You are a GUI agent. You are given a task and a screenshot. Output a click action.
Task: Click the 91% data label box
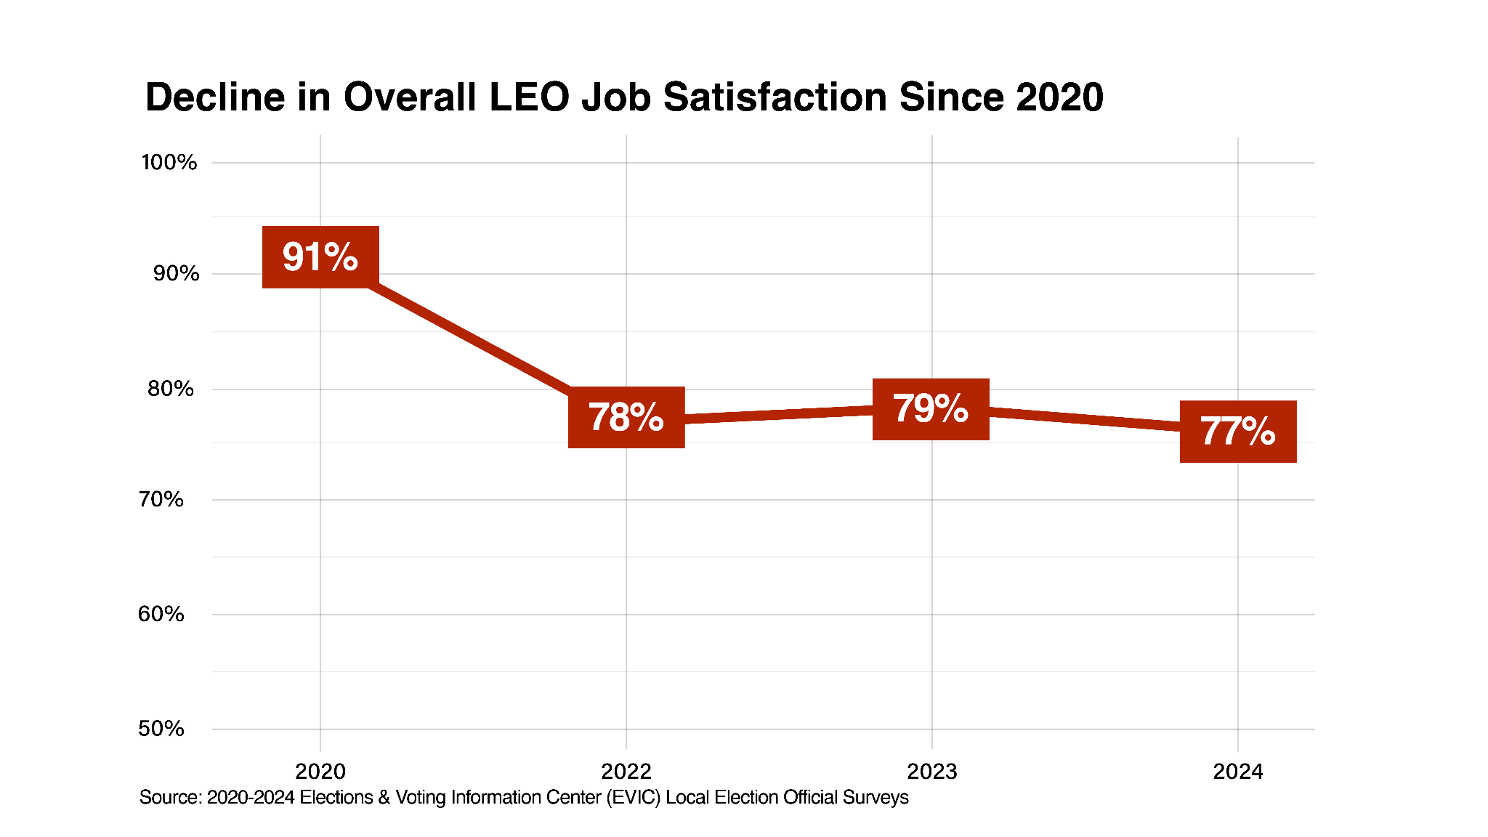point(320,257)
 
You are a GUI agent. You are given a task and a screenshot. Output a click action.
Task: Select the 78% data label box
point(626,417)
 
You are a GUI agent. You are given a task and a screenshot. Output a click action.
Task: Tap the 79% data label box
point(931,409)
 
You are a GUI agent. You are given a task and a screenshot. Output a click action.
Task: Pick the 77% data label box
point(1238,432)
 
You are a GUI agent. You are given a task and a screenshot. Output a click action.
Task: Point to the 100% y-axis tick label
point(169,162)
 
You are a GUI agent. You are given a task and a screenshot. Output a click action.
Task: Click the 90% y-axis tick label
point(176,273)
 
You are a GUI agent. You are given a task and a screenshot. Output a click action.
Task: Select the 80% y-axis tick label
point(171,389)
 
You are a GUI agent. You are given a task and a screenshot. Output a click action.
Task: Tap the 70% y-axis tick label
point(161,499)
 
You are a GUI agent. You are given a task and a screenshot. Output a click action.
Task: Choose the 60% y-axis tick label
point(161,614)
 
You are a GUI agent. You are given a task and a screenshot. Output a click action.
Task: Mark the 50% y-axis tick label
point(161,729)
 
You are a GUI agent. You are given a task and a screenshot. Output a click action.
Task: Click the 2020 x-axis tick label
point(320,772)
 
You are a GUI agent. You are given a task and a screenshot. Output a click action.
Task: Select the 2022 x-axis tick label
point(626,772)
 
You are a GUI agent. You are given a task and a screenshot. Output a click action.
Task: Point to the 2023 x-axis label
point(932,772)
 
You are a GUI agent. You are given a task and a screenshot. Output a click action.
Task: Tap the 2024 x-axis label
point(1238,772)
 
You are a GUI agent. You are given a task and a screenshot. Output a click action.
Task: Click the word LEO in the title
point(529,97)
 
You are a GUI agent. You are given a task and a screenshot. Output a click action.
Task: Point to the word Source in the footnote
point(170,798)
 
